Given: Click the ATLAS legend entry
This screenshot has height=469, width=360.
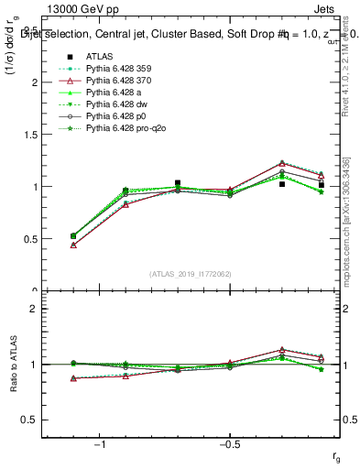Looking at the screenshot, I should click(98, 56).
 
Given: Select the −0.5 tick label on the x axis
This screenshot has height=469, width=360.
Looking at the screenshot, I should click(229, 444).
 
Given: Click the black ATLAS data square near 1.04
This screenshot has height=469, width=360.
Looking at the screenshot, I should click(178, 183).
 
